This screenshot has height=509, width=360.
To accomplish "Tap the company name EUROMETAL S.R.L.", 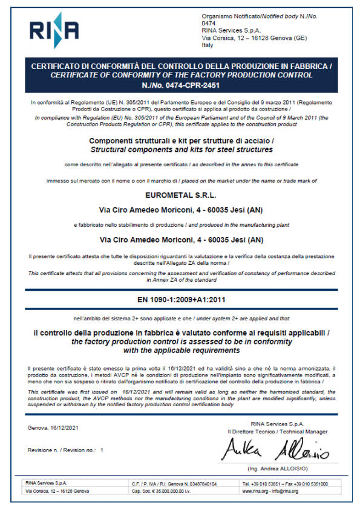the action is (x=180, y=195).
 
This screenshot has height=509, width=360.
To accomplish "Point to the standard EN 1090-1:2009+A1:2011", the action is (x=180, y=299).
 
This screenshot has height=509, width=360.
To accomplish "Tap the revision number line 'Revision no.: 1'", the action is (x=66, y=450).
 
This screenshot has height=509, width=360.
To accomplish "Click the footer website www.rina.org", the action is (x=255, y=491).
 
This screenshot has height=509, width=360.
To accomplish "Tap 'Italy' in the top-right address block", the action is (x=208, y=45).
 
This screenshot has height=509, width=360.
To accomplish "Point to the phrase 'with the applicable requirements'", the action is (x=180, y=349).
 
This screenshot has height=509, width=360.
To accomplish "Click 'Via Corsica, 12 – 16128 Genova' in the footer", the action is (x=57, y=491).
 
